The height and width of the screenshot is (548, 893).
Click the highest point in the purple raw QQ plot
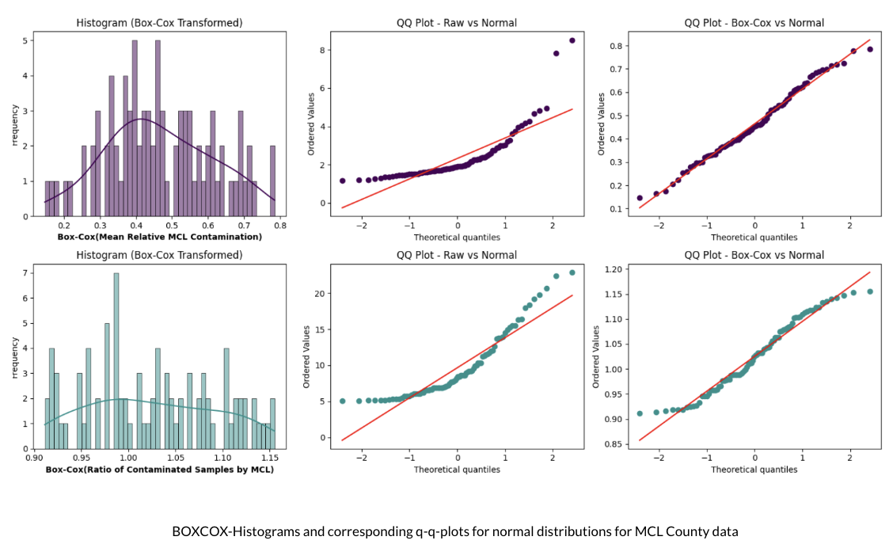click(572, 40)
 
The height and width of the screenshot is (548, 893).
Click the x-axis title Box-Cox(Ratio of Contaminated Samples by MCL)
click(159, 470)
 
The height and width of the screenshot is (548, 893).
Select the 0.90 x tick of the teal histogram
click(35, 458)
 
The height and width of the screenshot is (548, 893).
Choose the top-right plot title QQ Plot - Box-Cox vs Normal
click(754, 23)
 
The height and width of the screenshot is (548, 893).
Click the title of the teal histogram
click(159, 255)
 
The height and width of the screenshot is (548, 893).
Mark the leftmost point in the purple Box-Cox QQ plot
click(640, 198)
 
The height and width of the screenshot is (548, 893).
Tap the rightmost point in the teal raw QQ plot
click(572, 272)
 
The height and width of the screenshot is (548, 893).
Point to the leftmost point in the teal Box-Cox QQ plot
click(640, 413)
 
